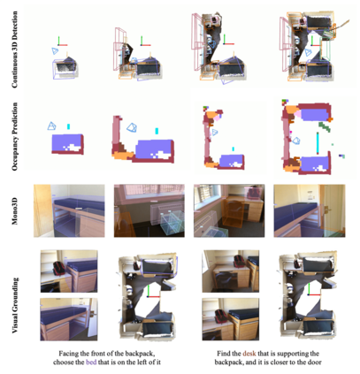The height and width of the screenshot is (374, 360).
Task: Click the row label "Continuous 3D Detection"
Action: pyautogui.click(x=15, y=50)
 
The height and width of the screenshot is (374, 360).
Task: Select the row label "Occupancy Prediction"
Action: pyautogui.click(x=15, y=136)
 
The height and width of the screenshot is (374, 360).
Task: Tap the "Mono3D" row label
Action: pyautogui.click(x=15, y=211)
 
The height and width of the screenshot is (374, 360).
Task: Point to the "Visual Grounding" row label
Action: pyautogui.click(x=15, y=305)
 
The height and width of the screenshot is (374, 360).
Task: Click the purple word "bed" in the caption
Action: pyautogui.click(x=91, y=362)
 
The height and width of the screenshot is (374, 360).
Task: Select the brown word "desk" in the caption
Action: pyautogui.click(x=249, y=353)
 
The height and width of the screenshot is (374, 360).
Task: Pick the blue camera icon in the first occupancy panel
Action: pyautogui.click(x=52, y=126)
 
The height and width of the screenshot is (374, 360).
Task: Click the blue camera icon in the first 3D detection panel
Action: pyautogui.click(x=55, y=51)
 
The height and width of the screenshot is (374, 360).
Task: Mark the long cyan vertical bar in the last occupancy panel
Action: pyautogui.click(x=318, y=143)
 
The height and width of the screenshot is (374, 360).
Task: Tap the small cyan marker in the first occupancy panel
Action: pyautogui.click(x=68, y=126)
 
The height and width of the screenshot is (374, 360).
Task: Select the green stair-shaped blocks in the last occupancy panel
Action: pyautogui.click(x=325, y=126)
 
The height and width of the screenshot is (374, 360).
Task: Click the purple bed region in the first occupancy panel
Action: pyautogui.click(x=65, y=142)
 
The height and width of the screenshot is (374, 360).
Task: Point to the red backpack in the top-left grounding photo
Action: pyautogui.click(x=59, y=268)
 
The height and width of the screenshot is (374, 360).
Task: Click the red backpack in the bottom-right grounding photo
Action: pyautogui.click(x=220, y=317)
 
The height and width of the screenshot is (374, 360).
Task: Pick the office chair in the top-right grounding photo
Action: pyautogui.click(x=224, y=279)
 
